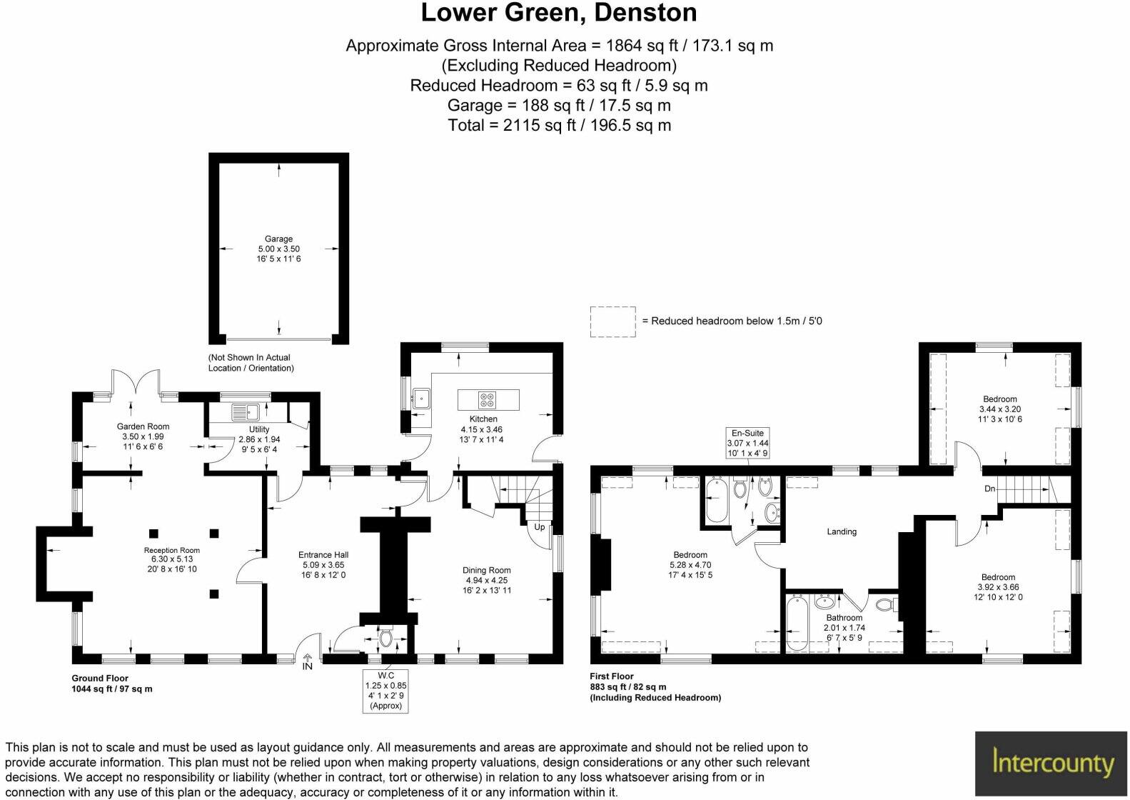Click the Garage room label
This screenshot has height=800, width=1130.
pyautogui.click(x=278, y=239)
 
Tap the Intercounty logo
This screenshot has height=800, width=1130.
pyautogui.click(x=1052, y=764)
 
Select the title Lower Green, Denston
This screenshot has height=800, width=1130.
pyautogui.click(x=558, y=13)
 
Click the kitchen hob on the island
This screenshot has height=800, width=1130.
pyautogui.click(x=488, y=399)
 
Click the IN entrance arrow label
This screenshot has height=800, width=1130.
pyautogui.click(x=307, y=666)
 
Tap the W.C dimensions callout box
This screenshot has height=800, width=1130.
pyautogui.click(x=385, y=690)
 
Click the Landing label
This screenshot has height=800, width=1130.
pyautogui.click(x=842, y=531)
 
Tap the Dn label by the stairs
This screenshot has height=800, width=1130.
pyautogui.click(x=989, y=489)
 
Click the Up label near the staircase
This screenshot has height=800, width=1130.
pyautogui.click(x=540, y=527)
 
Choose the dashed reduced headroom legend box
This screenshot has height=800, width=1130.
pyautogui.click(x=612, y=321)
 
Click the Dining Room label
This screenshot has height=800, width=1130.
pyautogui.click(x=486, y=570)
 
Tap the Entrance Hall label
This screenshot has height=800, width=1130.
pyautogui.click(x=323, y=554)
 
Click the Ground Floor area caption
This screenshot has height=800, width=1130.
pyautogui.click(x=111, y=684)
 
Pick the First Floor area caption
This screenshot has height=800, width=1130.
pyautogui.click(x=655, y=686)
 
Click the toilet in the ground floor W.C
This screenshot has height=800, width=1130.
pyautogui.click(x=387, y=636)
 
